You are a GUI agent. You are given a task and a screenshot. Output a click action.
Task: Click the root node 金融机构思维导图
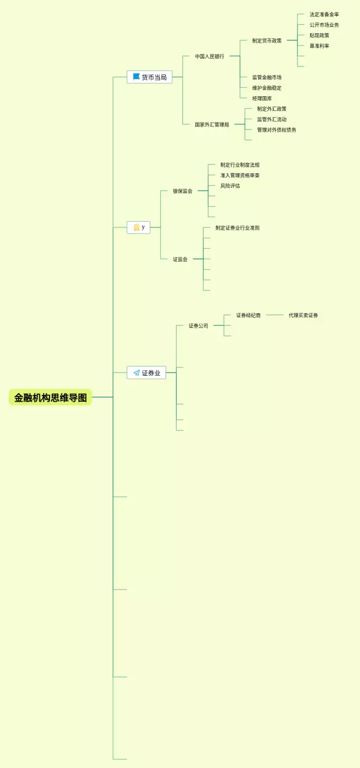point(51,397)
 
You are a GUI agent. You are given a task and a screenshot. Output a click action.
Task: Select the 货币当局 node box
point(150,77)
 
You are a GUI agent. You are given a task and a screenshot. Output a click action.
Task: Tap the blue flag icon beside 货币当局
point(136,77)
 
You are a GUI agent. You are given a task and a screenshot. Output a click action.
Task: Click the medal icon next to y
point(136,227)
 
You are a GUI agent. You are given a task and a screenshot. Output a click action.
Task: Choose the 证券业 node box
point(146,372)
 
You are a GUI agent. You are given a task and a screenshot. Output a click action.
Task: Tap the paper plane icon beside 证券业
point(137,372)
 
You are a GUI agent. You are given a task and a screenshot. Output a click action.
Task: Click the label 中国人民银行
point(209,56)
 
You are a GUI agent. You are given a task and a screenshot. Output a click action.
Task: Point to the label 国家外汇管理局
point(212,124)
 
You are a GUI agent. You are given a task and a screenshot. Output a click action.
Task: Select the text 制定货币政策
point(267,41)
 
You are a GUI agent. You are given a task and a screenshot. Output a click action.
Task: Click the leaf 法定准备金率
point(324,15)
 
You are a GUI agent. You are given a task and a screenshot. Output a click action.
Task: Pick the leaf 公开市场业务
point(324,25)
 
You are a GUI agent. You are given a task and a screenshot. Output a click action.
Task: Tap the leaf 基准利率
point(319,46)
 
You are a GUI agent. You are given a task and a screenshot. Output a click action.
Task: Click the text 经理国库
point(262,98)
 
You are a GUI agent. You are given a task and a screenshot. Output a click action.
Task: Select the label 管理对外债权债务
point(276,130)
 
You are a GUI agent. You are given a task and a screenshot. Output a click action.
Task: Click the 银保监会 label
point(183,191)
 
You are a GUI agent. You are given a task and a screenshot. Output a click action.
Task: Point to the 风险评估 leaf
point(230,186)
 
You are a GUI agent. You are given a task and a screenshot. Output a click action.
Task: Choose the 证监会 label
point(181,259)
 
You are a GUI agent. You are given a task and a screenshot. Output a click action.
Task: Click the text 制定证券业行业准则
point(237,228)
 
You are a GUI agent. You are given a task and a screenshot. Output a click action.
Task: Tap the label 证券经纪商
point(248,316)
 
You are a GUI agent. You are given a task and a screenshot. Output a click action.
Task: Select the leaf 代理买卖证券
point(303,316)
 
